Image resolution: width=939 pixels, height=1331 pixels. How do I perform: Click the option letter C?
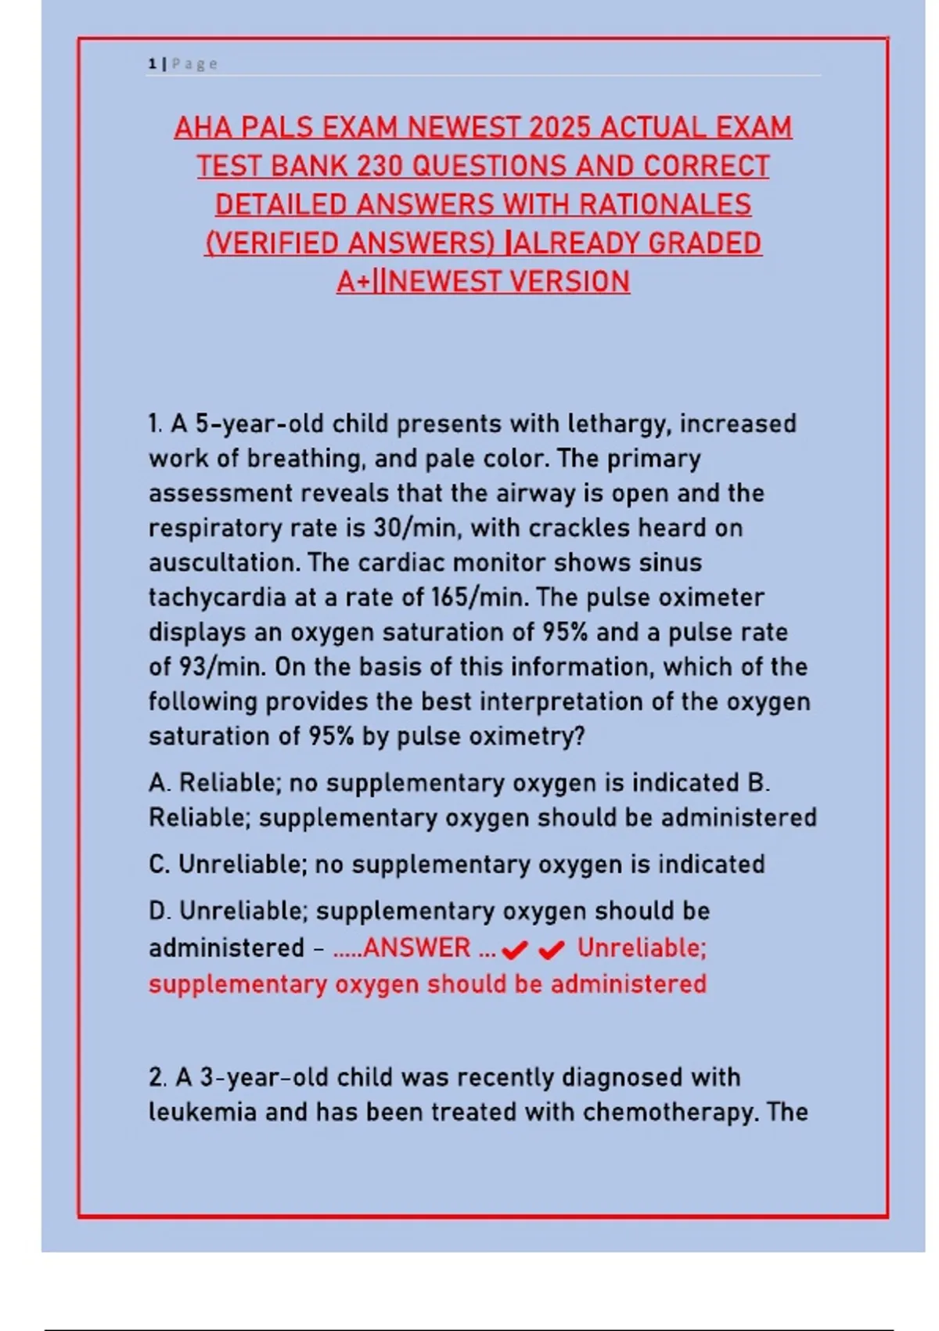point(159,864)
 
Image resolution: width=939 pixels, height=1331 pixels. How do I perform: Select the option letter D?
point(159,911)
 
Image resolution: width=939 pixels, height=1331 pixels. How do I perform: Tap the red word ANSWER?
point(416,948)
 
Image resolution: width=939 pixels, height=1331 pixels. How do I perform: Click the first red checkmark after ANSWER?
point(514,950)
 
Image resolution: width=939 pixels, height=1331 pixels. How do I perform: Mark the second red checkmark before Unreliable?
point(552,950)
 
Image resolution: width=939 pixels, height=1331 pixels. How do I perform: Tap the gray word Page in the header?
point(195,64)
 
